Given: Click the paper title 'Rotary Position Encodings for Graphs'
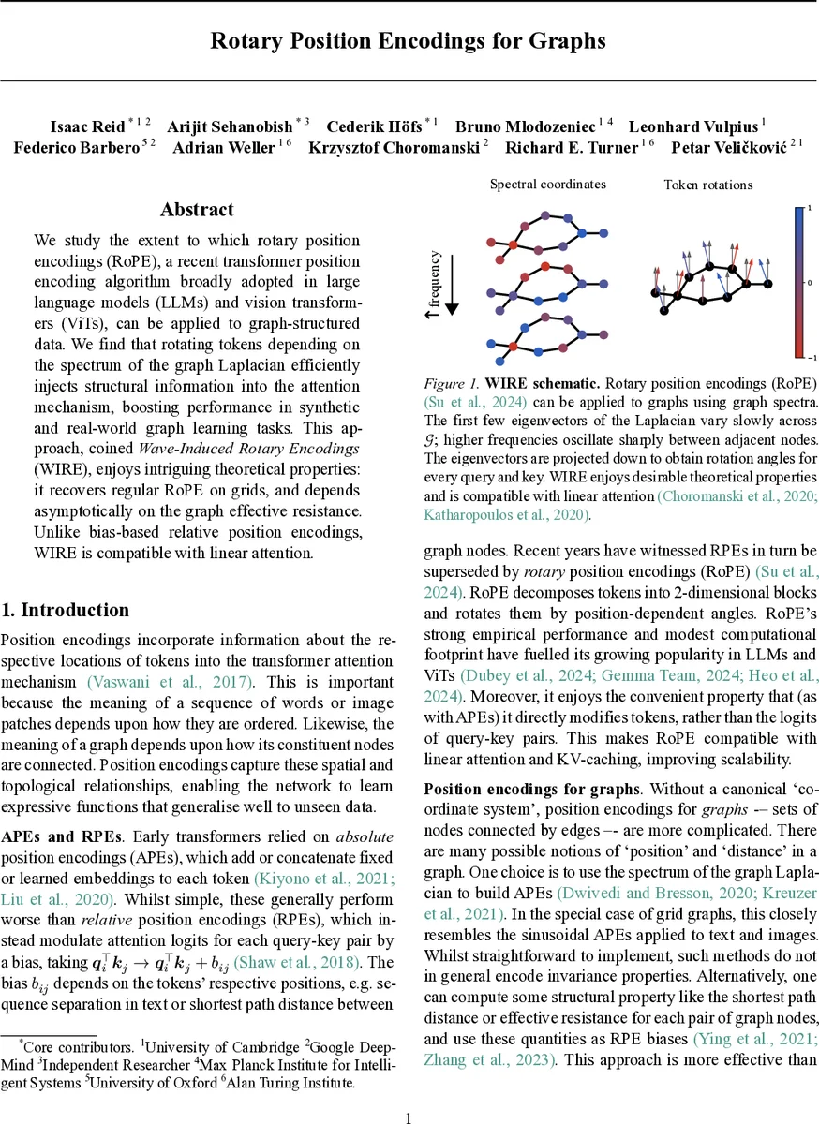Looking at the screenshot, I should click(x=408, y=41).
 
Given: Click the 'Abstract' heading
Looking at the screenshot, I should click(x=197, y=210).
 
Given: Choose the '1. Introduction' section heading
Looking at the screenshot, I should click(x=65, y=610).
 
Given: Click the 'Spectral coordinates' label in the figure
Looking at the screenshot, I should click(x=547, y=185).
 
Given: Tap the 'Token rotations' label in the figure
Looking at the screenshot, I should click(x=707, y=185).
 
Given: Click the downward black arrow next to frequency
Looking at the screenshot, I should click(x=452, y=280).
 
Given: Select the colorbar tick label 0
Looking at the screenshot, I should click(x=809, y=281).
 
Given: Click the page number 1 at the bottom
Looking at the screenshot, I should click(x=409, y=1117).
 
